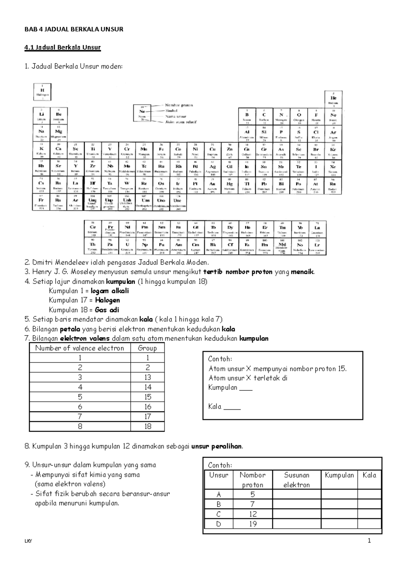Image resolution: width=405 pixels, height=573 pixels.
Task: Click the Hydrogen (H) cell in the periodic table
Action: [x=42, y=92]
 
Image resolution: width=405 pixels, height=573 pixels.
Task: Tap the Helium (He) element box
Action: [x=333, y=99]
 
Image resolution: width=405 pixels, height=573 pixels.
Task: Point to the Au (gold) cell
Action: [x=212, y=185]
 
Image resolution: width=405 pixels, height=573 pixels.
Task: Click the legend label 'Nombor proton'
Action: [x=179, y=105]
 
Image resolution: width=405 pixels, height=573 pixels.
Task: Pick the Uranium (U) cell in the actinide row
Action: [x=127, y=246]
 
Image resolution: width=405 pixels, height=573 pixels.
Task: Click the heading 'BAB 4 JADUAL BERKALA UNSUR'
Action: [x=74, y=29]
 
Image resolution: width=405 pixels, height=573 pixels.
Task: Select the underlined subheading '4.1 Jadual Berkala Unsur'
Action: [x=63, y=47]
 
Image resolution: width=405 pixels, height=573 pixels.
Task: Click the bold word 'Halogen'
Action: [x=107, y=300]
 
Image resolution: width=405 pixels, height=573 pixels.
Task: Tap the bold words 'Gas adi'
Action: [x=107, y=310]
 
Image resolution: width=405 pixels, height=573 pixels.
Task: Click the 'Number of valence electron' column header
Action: [x=80, y=348]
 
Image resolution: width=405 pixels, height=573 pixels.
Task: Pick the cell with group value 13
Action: [x=147, y=377]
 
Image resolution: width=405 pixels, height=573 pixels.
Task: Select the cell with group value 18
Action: [x=147, y=426]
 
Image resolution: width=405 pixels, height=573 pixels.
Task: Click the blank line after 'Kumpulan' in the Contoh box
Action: [x=246, y=388]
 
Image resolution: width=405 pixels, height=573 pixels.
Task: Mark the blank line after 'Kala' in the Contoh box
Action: [x=232, y=407]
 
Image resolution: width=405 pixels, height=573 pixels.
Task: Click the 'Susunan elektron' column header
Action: [x=296, y=480]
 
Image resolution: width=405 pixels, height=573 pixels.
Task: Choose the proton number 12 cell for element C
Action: [x=253, y=514]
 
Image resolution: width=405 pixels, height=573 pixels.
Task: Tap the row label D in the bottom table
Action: [x=219, y=524]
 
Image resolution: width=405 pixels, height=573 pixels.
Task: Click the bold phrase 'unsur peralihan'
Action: [x=217, y=446]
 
